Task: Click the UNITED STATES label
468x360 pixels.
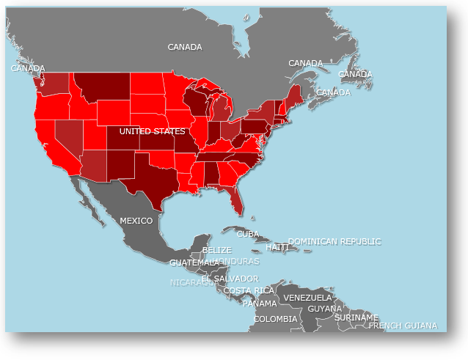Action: coord(153,131)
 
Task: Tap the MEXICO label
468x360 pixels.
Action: coord(136,221)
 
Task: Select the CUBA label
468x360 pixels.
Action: coord(248,234)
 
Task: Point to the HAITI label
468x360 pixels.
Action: coord(277,248)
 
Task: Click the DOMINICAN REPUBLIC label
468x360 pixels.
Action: coord(334,241)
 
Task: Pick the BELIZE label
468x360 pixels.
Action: coord(217,250)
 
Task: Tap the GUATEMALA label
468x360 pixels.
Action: coord(194,262)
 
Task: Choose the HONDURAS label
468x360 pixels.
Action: coord(236,261)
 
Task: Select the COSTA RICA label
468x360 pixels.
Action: coord(249,290)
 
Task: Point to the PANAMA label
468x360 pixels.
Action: coord(260,304)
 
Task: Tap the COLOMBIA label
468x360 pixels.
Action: coord(276,319)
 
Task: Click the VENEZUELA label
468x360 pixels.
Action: coord(308,298)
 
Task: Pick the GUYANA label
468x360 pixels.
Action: coord(325,309)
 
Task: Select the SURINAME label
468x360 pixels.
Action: coord(357,317)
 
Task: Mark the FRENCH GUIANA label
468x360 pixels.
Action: coord(403,326)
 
